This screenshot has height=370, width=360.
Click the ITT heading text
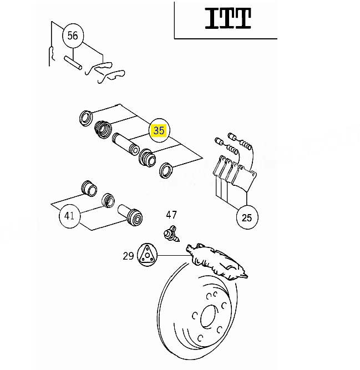(228, 18)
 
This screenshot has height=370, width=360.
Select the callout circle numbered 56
(73, 36)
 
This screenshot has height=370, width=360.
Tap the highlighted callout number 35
(159, 130)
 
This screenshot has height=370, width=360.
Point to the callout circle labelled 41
(69, 216)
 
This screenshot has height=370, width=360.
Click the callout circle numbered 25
(247, 217)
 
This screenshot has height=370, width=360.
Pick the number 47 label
(171, 215)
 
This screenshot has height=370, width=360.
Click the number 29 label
(128, 256)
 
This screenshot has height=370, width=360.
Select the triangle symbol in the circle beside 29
(147, 255)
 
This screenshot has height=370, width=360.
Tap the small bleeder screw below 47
(171, 234)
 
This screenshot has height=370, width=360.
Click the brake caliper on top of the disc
(216, 261)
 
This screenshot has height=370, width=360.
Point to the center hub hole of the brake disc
(209, 316)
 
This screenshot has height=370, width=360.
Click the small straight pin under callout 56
(73, 63)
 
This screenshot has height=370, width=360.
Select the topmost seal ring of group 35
(85, 118)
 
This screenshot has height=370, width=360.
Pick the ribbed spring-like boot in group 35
(103, 129)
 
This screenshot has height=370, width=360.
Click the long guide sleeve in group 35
(125, 144)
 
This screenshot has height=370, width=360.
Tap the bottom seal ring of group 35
(166, 170)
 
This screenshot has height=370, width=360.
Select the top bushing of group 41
(89, 189)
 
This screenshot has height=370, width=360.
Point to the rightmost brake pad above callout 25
(245, 178)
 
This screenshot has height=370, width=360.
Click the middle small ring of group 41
(108, 200)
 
